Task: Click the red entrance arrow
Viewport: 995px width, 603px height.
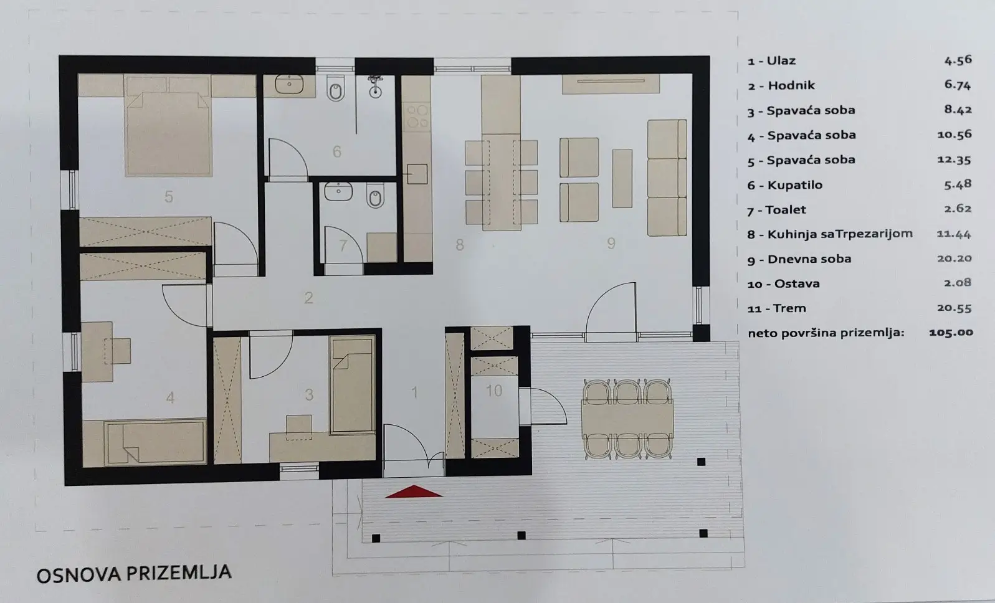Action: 414,491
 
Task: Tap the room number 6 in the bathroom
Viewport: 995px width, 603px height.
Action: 336,152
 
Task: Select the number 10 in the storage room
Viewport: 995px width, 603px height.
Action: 494,391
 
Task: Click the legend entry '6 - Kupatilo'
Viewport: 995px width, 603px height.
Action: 785,185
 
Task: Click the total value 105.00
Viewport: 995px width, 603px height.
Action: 951,332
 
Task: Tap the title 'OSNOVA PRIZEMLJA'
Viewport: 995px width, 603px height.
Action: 134,573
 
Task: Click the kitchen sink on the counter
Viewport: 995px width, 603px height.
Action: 417,174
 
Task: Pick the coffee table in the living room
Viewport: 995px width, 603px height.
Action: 622,179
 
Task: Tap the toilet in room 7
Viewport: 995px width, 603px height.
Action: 375,197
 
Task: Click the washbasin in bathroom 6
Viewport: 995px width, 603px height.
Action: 289,84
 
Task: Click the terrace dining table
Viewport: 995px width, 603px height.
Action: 627,419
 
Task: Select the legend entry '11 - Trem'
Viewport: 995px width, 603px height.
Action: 776,308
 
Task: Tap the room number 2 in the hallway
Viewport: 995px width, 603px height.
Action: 308,298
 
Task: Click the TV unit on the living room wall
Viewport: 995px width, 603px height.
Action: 611,84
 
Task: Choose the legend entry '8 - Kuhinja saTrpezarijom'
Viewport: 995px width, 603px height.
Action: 830,234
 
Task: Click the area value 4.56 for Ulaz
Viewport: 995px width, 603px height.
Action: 958,60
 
